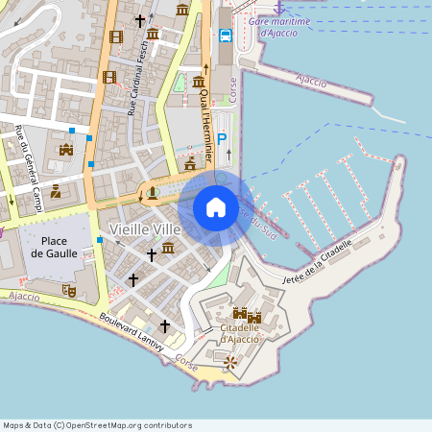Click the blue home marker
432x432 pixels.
click(216, 207)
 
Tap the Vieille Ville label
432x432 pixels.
click(145, 229)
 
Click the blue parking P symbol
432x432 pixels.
click(223, 139)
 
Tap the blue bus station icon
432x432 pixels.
click(225, 36)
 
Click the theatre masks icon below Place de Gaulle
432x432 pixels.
click(68, 289)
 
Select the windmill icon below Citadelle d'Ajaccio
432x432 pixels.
click(230, 362)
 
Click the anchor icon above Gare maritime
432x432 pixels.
click(279, 8)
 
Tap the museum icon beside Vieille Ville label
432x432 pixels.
click(168, 249)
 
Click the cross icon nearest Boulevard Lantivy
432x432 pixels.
click(165, 326)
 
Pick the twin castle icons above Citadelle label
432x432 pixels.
click(247, 315)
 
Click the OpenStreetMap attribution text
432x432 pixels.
click(97, 425)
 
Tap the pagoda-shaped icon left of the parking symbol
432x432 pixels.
click(190, 161)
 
